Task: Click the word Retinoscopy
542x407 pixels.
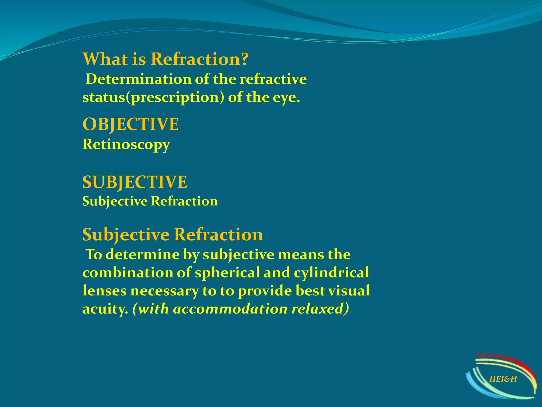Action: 126,145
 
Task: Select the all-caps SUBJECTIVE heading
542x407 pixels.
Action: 135,182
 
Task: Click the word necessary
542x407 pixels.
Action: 164,291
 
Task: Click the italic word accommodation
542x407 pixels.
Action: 230,309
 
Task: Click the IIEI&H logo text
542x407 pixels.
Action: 503,379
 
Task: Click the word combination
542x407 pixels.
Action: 128,273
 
